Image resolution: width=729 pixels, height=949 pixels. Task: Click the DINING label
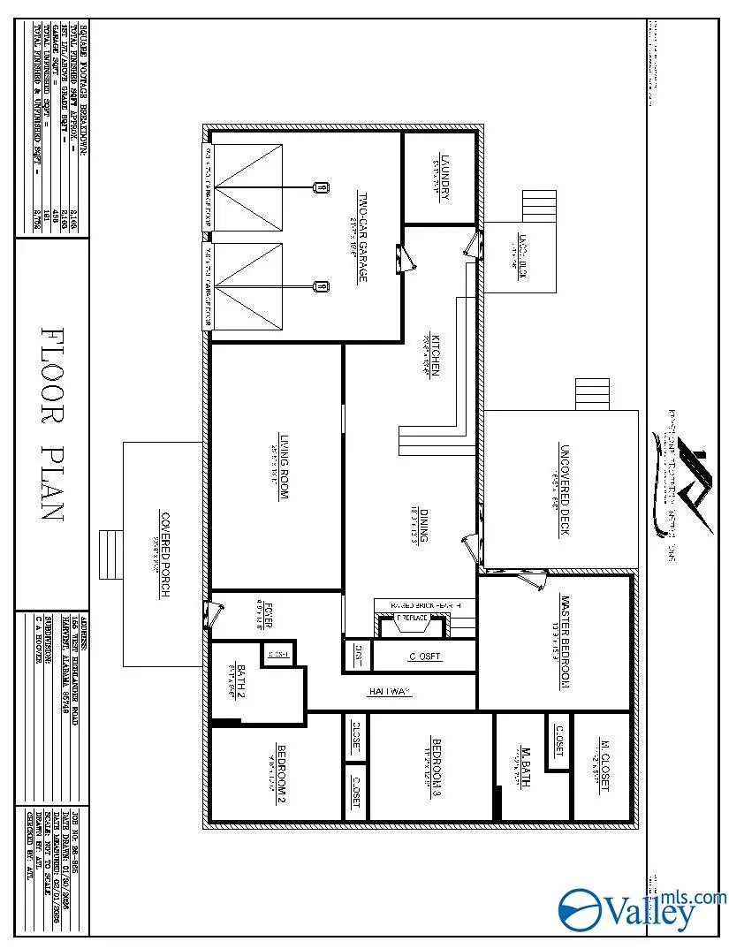(424, 527)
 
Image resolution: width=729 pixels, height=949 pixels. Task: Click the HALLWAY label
(390, 692)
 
